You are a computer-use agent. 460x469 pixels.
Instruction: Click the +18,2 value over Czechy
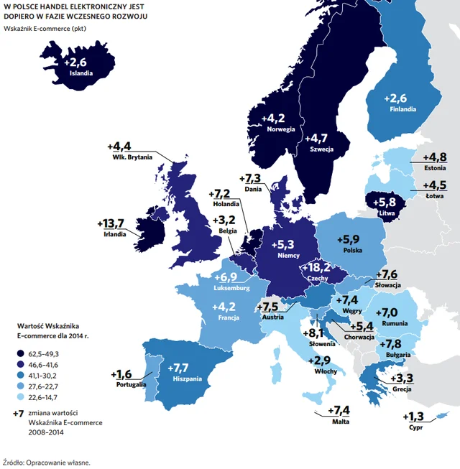tap(317, 267)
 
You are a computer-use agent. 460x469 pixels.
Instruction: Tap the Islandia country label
tap(81, 73)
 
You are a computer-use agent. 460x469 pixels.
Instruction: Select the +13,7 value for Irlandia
tap(111, 223)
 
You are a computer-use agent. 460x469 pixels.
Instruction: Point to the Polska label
tap(353, 251)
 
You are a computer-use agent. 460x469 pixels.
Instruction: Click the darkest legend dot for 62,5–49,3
tap(21, 353)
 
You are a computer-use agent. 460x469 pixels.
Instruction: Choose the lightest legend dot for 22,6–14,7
tap(21, 397)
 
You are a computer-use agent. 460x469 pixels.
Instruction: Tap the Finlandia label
tap(402, 109)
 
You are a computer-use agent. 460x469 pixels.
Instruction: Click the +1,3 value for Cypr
tap(413, 417)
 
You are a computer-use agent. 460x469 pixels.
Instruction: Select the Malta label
tap(341, 422)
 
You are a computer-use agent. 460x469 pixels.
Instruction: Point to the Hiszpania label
tap(188, 379)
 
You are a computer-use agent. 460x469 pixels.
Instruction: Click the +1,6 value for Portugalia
tap(121, 374)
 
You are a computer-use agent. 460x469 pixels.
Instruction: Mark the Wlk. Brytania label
tap(132, 157)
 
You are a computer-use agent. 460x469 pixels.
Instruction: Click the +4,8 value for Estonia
tap(435, 157)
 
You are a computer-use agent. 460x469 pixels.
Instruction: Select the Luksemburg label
tap(231, 288)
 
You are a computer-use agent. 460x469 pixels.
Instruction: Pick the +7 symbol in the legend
tap(18, 414)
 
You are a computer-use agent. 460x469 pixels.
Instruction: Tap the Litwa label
tap(387, 213)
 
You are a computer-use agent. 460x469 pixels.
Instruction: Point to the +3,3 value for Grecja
tap(402, 379)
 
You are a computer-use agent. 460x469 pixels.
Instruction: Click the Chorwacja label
tap(359, 337)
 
